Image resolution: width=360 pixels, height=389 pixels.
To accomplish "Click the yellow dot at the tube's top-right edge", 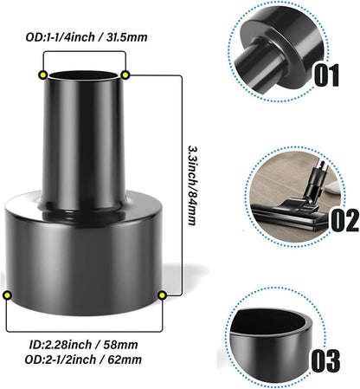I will [126, 75].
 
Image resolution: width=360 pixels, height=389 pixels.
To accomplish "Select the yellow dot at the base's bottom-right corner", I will [162, 296].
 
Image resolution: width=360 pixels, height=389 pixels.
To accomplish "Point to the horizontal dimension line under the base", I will [84, 332].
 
